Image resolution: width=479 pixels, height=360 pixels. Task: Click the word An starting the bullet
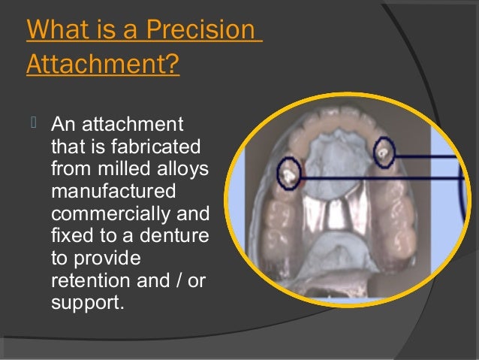(62, 123)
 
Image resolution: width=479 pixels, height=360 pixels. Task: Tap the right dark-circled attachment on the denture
(385, 153)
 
